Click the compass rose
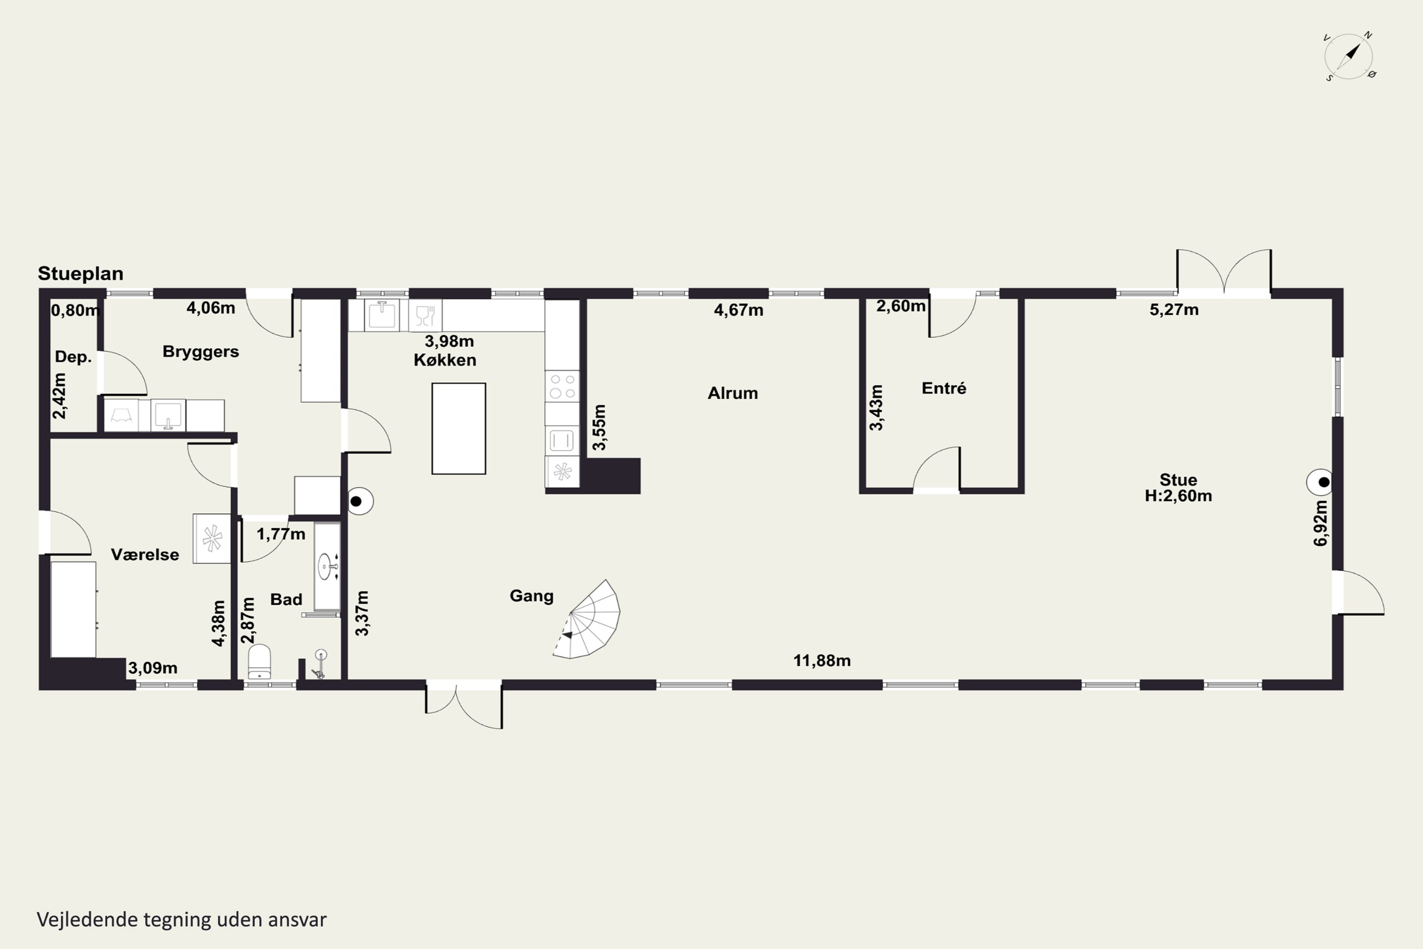click(x=1349, y=57)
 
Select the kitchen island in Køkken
click(x=459, y=428)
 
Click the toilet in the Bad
click(x=259, y=662)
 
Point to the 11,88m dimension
click(x=822, y=661)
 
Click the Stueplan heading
click(x=81, y=274)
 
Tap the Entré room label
click(x=944, y=388)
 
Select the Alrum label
click(x=733, y=393)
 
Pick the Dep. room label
click(x=73, y=357)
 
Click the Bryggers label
click(x=201, y=352)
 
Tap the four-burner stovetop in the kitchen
click(x=562, y=386)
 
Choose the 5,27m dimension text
click(x=1174, y=310)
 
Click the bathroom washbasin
click(x=327, y=566)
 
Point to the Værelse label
click(x=145, y=554)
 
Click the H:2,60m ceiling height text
click(x=1178, y=496)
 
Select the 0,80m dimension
click(x=75, y=310)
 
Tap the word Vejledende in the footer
click(x=87, y=920)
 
